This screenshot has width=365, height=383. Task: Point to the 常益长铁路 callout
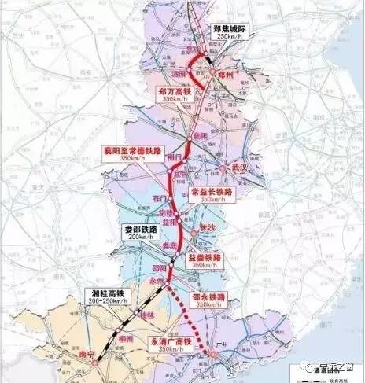click(212, 195)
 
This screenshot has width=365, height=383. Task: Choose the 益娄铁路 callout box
click(205, 260)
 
